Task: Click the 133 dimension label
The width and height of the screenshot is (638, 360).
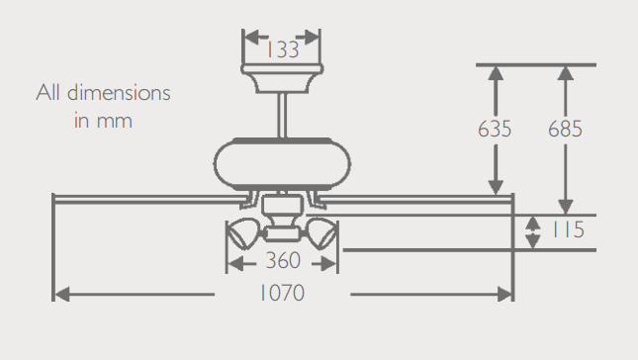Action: coord(283,50)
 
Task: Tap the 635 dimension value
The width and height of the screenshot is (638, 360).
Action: coord(495,129)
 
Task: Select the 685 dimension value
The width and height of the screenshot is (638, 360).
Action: coord(565,129)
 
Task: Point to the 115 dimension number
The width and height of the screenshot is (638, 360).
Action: coord(568,229)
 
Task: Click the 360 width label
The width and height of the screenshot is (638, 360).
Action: coord(283,260)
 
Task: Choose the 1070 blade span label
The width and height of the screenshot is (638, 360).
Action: coord(282,293)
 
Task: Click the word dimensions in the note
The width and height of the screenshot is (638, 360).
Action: coord(119,92)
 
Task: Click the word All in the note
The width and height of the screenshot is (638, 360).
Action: coord(48,92)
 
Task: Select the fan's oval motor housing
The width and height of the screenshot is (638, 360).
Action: coord(282,164)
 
